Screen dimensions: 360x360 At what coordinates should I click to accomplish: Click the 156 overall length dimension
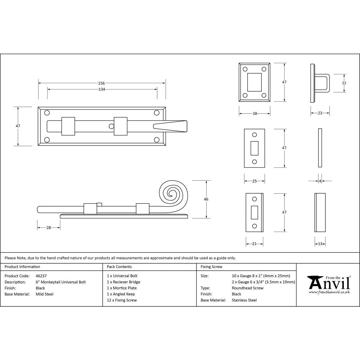click(x=102, y=83)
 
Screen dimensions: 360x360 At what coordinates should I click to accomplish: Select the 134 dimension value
click(x=102, y=89)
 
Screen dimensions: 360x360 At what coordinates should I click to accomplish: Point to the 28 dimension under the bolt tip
click(x=49, y=228)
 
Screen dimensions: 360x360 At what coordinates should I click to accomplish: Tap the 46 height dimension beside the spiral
click(x=206, y=199)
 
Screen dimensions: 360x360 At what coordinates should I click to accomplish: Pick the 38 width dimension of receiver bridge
click(x=255, y=113)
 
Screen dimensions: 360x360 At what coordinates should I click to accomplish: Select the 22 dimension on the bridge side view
click(x=344, y=83)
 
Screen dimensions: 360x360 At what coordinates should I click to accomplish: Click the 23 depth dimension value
click(x=320, y=113)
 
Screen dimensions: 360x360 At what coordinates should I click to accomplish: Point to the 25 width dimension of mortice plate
click(x=254, y=181)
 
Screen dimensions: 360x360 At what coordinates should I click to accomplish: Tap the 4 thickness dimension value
click(x=320, y=181)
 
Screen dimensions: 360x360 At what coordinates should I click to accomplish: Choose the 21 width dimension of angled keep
click(x=254, y=244)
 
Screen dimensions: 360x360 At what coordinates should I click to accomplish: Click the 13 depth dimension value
click(x=320, y=244)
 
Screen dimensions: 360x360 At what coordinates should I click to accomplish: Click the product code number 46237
click(x=41, y=276)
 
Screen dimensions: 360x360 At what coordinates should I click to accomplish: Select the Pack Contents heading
click(x=119, y=267)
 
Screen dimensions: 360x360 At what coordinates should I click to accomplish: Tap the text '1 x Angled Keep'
click(x=121, y=294)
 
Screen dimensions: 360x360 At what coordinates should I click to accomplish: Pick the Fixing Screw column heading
click(x=211, y=267)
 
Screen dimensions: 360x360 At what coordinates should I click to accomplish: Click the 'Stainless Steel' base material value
click(x=244, y=300)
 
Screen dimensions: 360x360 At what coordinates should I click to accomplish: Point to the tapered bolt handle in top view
click(x=170, y=126)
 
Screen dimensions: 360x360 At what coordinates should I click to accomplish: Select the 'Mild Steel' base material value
click(x=45, y=294)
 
